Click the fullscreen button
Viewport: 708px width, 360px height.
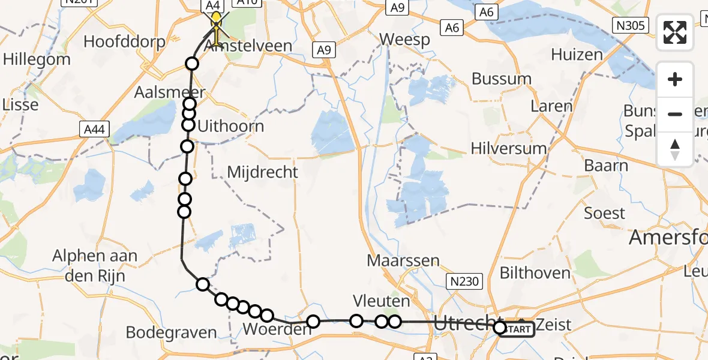click(x=675, y=32)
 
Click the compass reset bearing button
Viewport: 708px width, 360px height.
click(x=675, y=149)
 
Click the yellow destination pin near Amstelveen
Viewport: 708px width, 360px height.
click(x=215, y=22)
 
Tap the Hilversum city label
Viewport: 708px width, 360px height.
click(x=509, y=148)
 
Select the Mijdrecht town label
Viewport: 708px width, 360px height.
click(x=262, y=172)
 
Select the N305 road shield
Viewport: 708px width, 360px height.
click(x=629, y=25)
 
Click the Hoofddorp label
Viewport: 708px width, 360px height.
click(x=121, y=41)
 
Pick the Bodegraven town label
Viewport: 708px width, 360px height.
click(x=171, y=332)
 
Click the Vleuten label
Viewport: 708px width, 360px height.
click(x=382, y=301)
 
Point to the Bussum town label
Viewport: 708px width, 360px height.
click(x=502, y=79)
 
